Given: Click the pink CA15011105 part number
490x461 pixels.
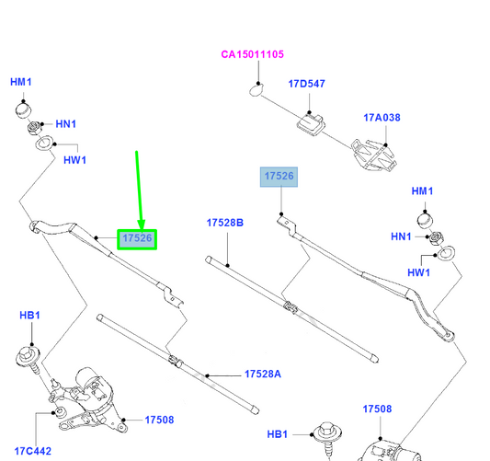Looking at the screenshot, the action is tap(252, 54).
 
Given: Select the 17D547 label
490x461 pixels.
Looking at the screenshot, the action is tap(306, 84).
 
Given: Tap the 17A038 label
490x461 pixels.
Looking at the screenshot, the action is tap(382, 118).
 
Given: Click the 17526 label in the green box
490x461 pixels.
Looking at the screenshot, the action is tap(137, 238).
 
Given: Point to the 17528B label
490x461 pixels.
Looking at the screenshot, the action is tap(225, 223).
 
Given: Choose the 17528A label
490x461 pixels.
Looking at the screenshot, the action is tap(263, 374).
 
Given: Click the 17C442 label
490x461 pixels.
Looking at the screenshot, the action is tap(33, 451).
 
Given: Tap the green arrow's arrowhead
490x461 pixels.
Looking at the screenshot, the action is tap(142, 225).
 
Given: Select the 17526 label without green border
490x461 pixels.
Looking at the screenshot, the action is tap(279, 176).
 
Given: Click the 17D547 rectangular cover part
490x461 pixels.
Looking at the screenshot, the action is tap(311, 124).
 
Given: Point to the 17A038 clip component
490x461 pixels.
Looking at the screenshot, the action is tap(373, 156).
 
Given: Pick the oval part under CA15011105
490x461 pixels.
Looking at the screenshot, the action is tap(256, 91).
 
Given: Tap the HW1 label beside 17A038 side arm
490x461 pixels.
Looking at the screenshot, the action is tap(418, 272).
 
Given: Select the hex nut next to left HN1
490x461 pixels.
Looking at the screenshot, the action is tap(34, 128).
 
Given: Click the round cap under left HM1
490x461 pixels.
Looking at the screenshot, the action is tap(23, 110).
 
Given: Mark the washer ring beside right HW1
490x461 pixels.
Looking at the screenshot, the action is tap(446, 253).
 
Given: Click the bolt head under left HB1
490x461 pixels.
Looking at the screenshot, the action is tap(28, 356).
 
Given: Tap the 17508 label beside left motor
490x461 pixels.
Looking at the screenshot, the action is tap(159, 420).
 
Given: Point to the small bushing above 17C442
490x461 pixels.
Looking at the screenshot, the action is tap(60, 411).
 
